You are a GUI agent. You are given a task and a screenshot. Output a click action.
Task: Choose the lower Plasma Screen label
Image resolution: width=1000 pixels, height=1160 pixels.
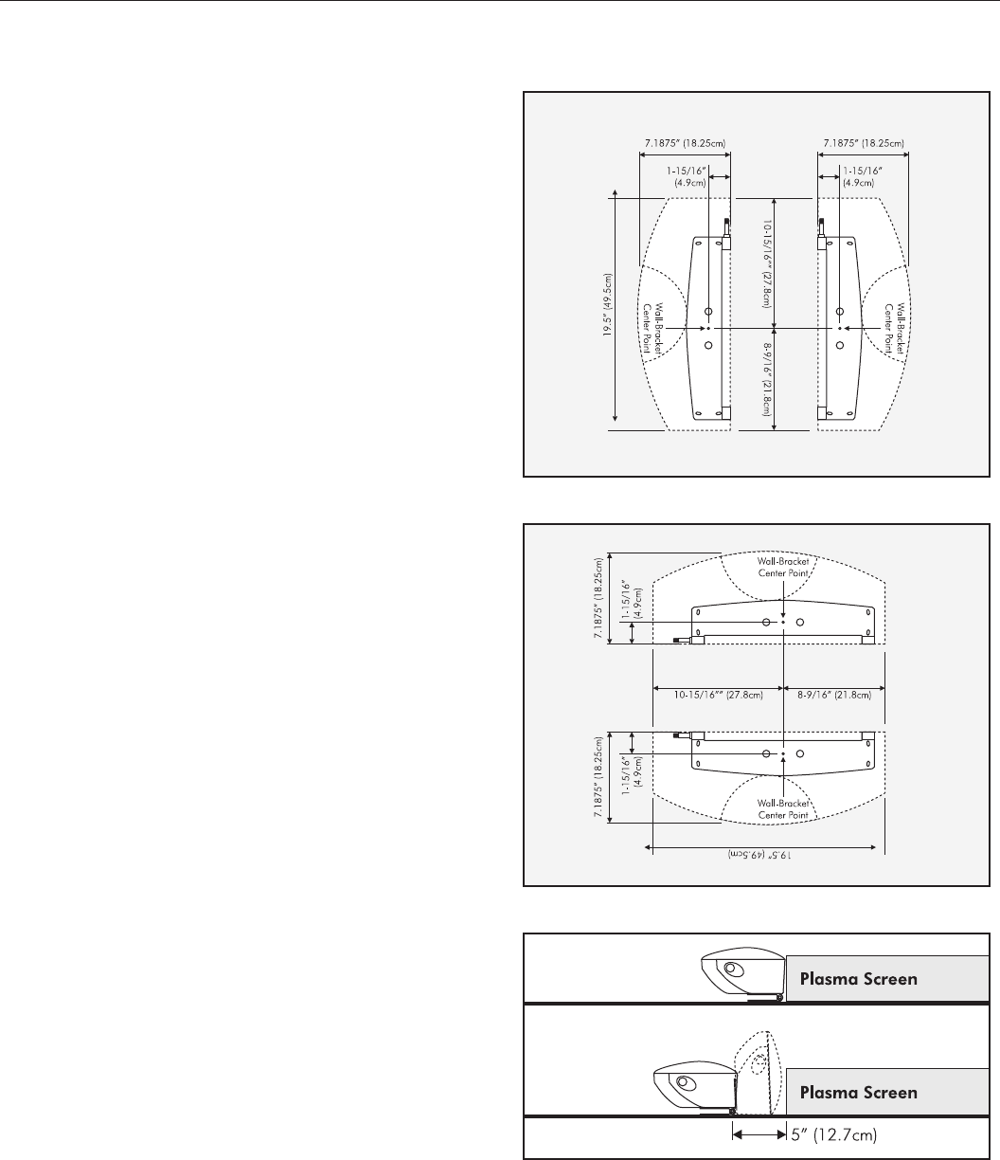pos(859,1093)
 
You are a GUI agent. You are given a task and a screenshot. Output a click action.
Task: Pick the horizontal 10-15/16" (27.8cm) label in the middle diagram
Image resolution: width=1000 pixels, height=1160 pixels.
pos(718,693)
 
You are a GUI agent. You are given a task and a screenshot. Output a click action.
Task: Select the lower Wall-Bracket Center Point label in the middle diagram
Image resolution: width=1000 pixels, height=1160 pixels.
pos(782,808)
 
